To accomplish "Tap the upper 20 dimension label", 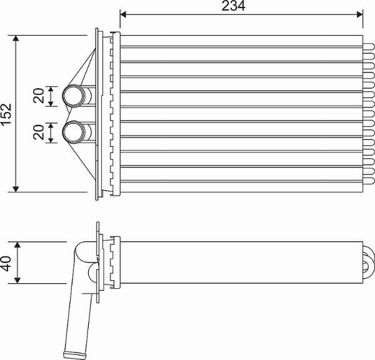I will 39,96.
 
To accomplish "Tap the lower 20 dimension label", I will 39,132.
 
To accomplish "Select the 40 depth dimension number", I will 6,262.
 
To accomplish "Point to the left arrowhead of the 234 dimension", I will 123,13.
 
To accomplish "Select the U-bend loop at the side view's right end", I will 367,261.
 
